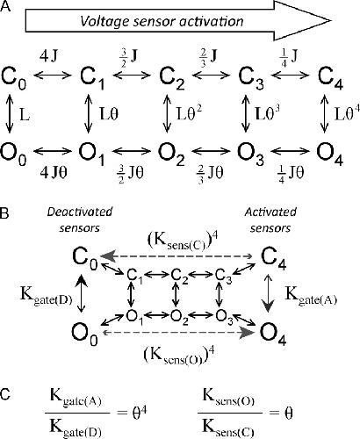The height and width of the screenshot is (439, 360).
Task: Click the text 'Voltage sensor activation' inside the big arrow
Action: [162, 22]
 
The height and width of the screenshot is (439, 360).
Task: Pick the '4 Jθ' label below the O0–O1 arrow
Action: [54, 173]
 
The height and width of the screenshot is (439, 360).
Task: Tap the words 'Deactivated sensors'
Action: [80, 219]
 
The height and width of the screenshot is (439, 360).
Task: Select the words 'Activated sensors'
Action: [270, 219]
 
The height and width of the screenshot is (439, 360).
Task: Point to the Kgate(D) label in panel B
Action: [47, 296]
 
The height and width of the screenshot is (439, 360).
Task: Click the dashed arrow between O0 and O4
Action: [176, 333]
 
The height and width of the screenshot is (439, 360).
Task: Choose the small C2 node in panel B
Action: [178, 276]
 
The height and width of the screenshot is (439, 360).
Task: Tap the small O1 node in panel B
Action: [134, 317]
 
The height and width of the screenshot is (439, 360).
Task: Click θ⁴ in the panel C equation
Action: [140, 413]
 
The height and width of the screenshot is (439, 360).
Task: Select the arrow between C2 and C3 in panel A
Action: [211, 76]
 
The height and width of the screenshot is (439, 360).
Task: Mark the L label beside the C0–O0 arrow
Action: [25, 115]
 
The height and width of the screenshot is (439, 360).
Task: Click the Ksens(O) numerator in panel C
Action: [228, 398]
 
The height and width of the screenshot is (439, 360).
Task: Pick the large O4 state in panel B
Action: [273, 334]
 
